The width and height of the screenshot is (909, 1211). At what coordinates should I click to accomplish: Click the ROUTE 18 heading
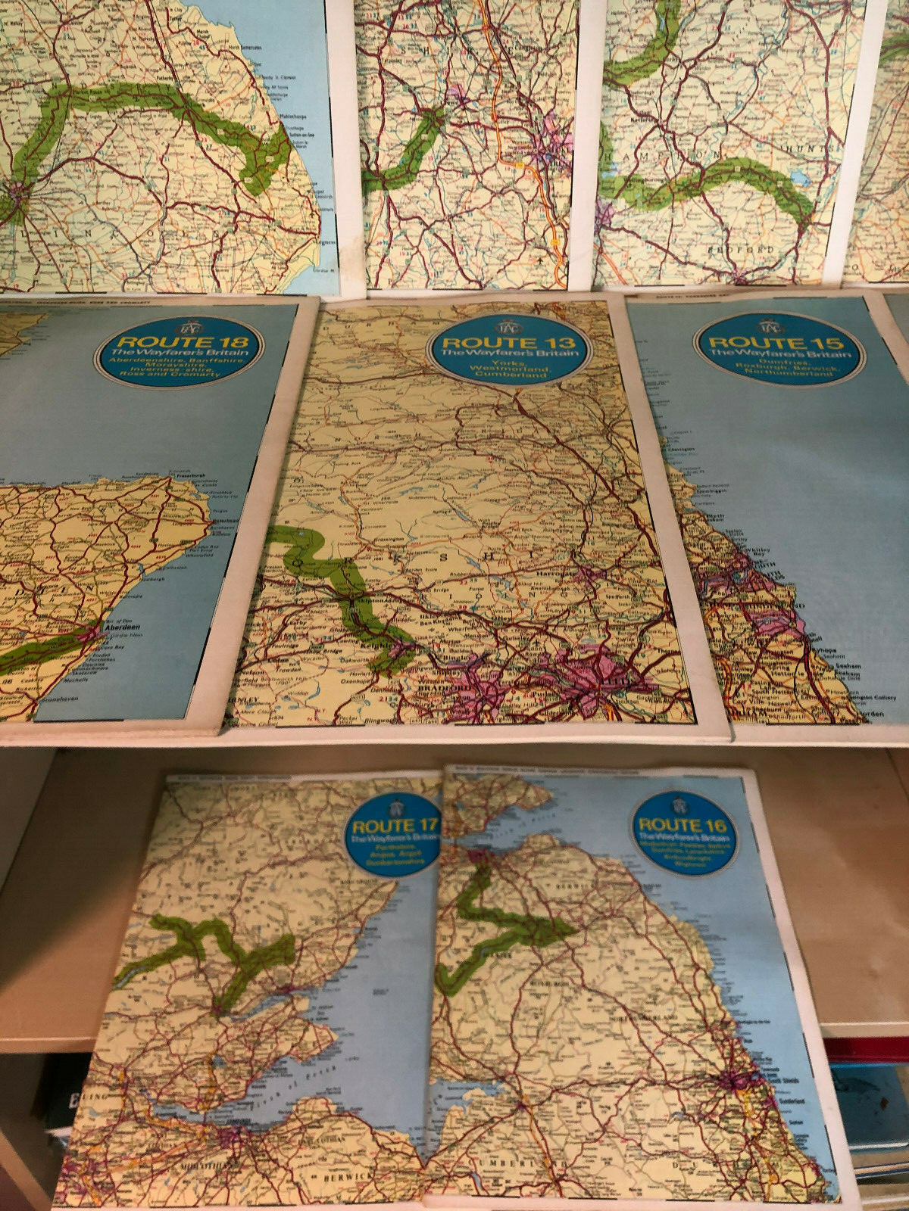coord(178,341)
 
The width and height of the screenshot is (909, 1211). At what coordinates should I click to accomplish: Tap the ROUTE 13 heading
coord(509,343)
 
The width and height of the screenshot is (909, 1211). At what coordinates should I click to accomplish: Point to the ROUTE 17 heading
coord(392,825)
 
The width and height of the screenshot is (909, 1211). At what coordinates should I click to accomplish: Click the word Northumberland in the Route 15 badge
coord(779,373)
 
